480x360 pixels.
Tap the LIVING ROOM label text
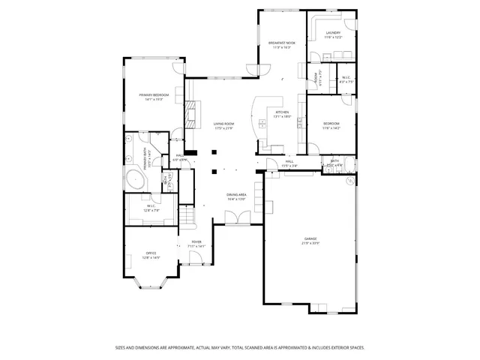click(223, 124)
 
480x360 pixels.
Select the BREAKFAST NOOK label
click(281, 43)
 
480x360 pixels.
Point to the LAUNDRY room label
click(333, 33)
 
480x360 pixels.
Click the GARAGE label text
click(310, 238)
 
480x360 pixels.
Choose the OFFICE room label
click(151, 253)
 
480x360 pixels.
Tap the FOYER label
click(196, 241)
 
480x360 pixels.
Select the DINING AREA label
click(237, 195)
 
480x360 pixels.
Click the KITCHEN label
click(282, 112)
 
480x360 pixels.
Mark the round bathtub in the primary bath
click(135, 179)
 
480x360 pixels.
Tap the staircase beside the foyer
click(186, 217)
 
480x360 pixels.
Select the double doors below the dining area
click(236, 217)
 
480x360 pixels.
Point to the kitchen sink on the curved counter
click(259, 122)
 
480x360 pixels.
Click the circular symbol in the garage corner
click(349, 181)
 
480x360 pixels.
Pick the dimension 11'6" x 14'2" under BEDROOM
click(332, 128)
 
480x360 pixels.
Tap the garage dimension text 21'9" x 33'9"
click(310, 243)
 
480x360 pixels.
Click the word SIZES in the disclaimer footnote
click(121, 347)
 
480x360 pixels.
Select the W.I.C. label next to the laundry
click(346, 77)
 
